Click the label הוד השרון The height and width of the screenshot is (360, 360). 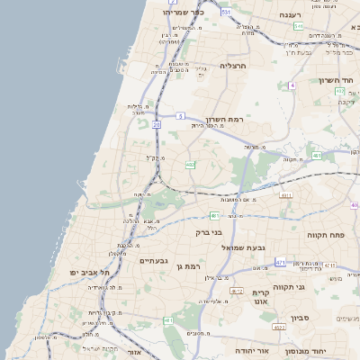[332, 81]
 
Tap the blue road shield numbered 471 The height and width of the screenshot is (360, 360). [281, 262]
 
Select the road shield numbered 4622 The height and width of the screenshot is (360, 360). [279, 328]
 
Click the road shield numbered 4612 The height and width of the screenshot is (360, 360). [237, 291]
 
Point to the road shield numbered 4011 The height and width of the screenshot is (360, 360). [286, 194]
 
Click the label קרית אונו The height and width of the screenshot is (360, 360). [261, 299]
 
